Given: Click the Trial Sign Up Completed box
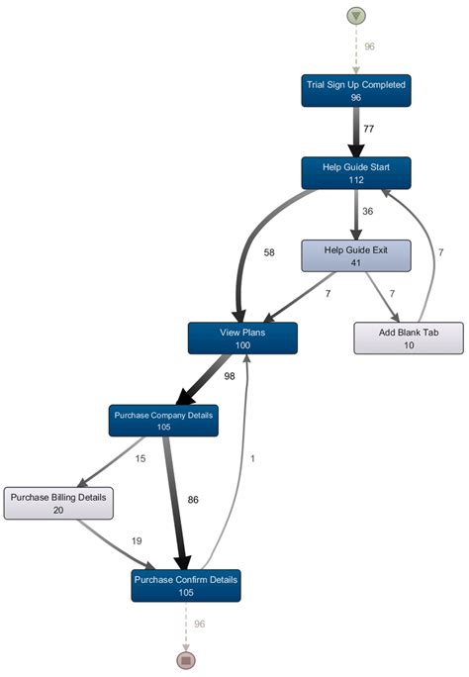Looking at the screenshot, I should [x=354, y=91].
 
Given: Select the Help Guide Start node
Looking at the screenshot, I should [x=354, y=173].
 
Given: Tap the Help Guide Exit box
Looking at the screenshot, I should [x=354, y=255].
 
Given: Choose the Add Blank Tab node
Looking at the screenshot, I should [x=409, y=338].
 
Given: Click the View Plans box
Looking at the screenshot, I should [x=241, y=338].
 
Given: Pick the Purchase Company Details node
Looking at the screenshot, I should [x=163, y=421].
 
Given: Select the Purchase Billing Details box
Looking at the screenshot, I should [x=58, y=503].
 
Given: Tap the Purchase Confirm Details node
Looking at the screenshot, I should [x=185, y=585].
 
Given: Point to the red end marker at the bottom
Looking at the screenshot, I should [x=185, y=659].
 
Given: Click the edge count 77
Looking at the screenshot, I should [x=368, y=129].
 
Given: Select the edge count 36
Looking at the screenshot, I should [x=368, y=211].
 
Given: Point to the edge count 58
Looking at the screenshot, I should [x=269, y=253].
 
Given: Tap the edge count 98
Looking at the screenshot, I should [x=230, y=377].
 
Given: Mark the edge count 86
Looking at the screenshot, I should [x=193, y=500].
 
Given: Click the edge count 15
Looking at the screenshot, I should [x=141, y=458].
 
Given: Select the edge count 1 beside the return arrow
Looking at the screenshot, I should [x=253, y=458].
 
